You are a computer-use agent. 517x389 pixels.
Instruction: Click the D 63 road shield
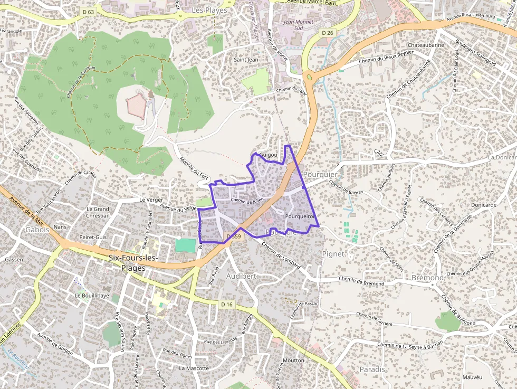tap(88, 11)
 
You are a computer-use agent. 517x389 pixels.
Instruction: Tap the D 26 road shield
tap(327, 33)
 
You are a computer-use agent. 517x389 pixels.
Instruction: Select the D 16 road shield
tap(227, 305)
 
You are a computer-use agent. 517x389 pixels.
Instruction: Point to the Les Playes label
tap(209, 10)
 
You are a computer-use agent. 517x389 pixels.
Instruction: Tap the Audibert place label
tap(241, 276)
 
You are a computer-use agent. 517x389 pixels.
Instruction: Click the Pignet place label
tap(333, 254)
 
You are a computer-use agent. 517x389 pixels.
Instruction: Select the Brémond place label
tap(427, 278)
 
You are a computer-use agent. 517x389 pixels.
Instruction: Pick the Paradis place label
tap(372, 369)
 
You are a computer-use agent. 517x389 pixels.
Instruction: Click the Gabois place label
tap(37, 230)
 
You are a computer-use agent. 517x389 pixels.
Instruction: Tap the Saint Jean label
tap(246, 60)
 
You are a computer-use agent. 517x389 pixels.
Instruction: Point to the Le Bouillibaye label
tap(92, 296)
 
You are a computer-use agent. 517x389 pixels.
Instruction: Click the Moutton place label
tap(293, 360)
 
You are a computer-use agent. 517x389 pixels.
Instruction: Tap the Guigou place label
tap(268, 155)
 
